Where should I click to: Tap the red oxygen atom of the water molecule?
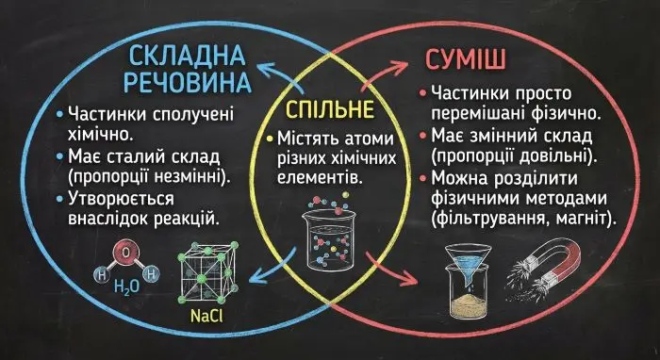[128, 254]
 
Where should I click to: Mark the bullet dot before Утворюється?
[61, 199]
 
